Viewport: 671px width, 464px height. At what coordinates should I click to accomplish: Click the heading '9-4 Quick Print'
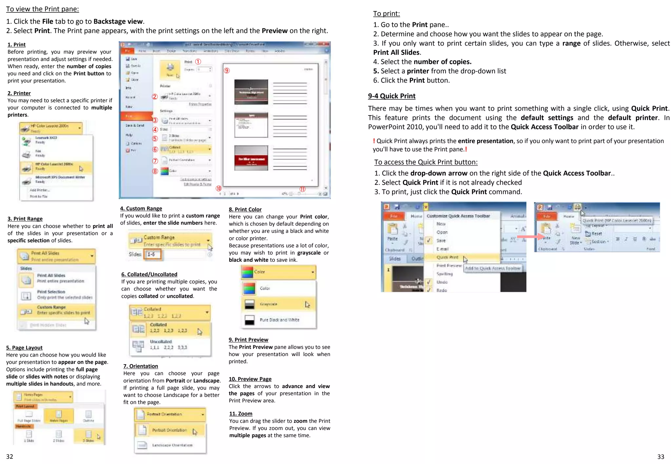(x=392, y=96)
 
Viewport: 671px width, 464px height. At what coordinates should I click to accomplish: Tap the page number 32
(x=10, y=456)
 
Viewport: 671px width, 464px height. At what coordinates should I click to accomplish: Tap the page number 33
(x=661, y=457)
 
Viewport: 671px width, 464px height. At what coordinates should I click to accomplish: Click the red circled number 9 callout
(x=227, y=70)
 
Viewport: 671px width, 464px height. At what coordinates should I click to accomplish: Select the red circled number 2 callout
(x=155, y=97)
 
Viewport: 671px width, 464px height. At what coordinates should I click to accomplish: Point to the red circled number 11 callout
(x=302, y=189)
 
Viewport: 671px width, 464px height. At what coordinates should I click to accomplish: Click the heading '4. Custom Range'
(x=141, y=208)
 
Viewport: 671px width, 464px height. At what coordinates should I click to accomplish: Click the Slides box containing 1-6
(x=153, y=254)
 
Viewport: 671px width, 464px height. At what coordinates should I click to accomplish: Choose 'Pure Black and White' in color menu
(x=279, y=320)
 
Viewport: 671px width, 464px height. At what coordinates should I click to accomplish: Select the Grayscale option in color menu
(x=269, y=304)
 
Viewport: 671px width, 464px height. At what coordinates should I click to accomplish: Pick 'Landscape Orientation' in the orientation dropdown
(x=172, y=445)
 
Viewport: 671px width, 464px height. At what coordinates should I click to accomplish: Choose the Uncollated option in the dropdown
(x=161, y=344)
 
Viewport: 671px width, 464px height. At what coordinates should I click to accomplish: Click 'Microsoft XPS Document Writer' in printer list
(x=60, y=179)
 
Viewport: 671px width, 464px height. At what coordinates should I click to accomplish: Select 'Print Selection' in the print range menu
(x=51, y=294)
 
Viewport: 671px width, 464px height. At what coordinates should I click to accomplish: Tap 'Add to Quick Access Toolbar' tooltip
(x=493, y=268)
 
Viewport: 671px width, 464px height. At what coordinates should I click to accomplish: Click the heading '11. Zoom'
(x=240, y=414)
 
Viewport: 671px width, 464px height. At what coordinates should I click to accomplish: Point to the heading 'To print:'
(x=386, y=13)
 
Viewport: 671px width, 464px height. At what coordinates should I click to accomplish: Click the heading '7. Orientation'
(x=141, y=366)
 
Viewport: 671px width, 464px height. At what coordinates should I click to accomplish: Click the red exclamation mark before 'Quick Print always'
(x=374, y=141)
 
